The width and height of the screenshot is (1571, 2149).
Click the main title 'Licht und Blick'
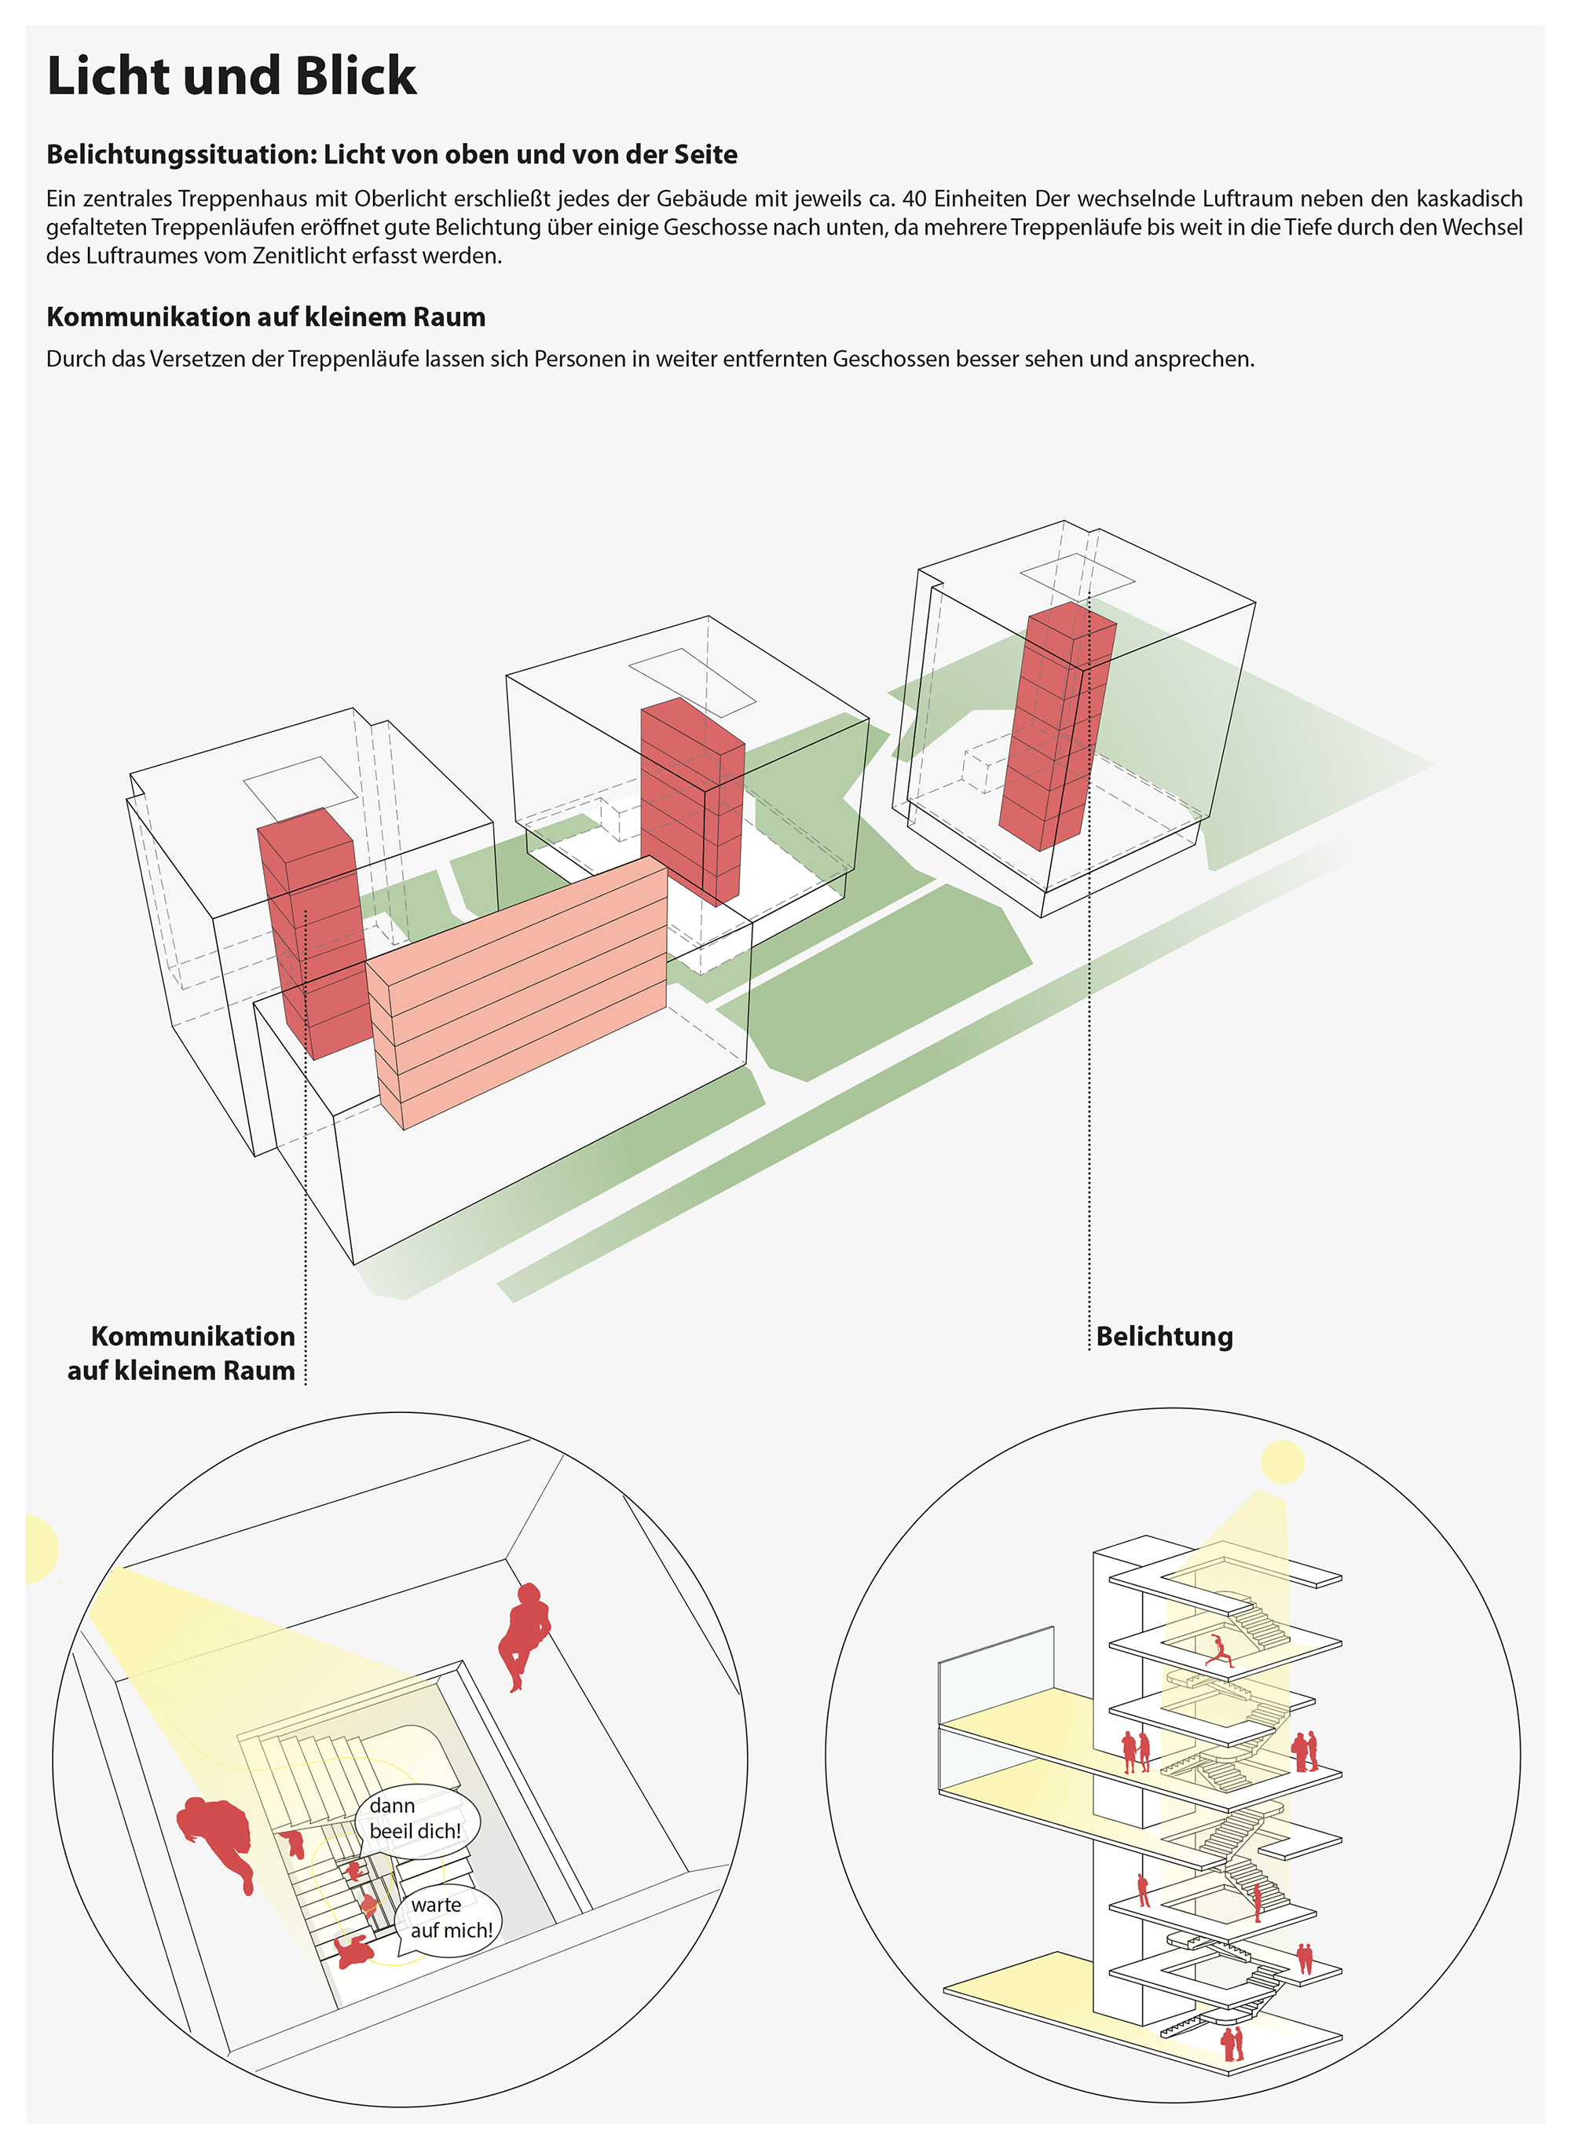click(x=231, y=75)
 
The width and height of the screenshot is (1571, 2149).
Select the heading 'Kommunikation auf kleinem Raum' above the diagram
click(x=265, y=317)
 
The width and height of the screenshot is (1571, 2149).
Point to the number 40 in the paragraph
click(x=914, y=199)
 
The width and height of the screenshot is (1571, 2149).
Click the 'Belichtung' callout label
click(x=1164, y=1336)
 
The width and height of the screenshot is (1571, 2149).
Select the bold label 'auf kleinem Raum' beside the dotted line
click(x=181, y=1371)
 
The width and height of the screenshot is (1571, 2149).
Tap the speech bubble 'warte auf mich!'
click(x=451, y=1917)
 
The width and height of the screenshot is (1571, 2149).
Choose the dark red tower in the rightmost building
click(x=1056, y=727)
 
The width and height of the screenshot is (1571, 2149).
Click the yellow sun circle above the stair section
click(x=1282, y=1462)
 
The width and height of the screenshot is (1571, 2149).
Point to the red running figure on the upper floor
click(x=1220, y=1651)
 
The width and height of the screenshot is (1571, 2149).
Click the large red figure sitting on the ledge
click(x=523, y=1634)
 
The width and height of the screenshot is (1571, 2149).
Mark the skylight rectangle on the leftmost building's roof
click(x=299, y=789)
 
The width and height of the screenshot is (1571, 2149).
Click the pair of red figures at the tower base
click(x=1232, y=2044)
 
